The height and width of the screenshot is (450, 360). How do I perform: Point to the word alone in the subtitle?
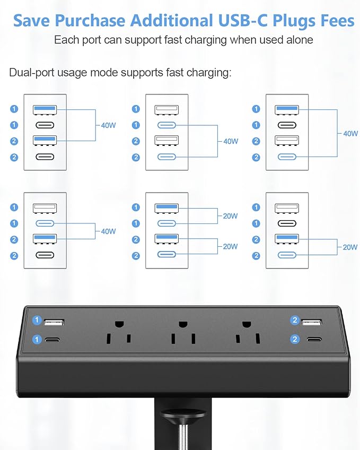click(299, 40)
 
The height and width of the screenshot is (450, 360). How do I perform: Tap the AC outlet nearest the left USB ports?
click(119, 331)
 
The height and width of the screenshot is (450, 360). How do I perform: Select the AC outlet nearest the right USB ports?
click(247, 331)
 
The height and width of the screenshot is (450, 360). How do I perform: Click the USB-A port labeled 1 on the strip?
click(54, 322)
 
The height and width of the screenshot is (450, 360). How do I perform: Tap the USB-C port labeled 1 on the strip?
click(53, 340)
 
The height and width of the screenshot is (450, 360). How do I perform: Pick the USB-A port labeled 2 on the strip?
click(312, 322)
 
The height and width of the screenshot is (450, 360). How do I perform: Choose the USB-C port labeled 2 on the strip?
click(312, 340)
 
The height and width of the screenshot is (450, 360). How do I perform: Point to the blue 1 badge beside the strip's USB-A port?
click(37, 321)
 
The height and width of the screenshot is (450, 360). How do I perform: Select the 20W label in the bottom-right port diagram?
click(350, 247)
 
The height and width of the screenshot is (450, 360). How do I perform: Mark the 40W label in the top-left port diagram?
click(108, 126)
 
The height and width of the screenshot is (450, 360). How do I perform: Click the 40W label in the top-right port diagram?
click(350, 134)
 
